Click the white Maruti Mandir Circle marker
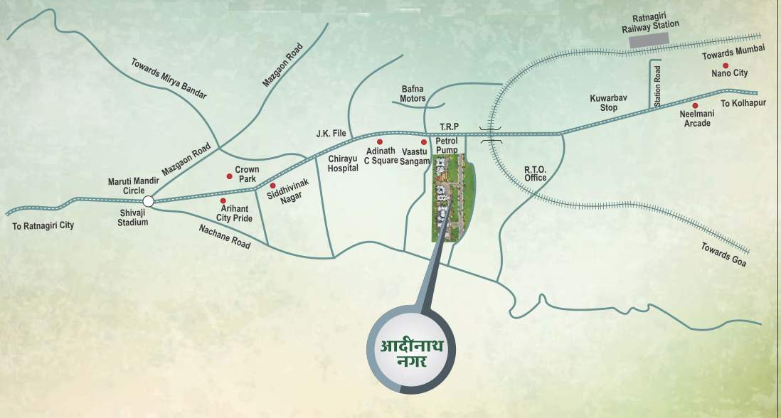coord(148,201)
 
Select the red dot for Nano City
coord(726,65)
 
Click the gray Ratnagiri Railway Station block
coord(650,41)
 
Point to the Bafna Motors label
coord(413,94)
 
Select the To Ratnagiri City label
coord(43,225)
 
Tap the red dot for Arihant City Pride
coord(223,201)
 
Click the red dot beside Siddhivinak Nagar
coord(272,186)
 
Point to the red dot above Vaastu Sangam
coord(424,142)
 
